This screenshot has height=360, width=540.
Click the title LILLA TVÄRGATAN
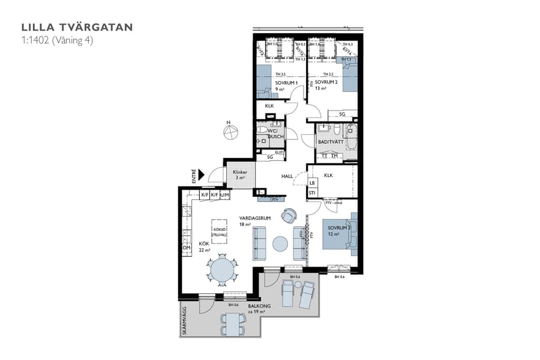77,27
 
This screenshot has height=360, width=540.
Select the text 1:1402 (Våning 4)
57,40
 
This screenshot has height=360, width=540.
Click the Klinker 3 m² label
239,175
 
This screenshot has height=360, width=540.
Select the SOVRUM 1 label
286,82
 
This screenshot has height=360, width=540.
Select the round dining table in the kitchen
223,268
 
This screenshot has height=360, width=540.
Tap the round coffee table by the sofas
280,244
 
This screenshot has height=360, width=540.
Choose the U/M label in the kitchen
224,196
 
